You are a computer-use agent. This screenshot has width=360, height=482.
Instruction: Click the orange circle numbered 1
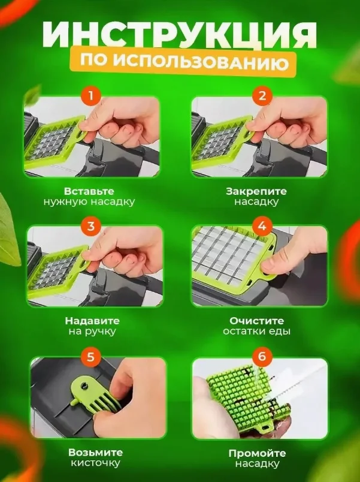tap(90, 95)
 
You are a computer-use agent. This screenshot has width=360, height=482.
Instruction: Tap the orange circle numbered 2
tap(262, 95)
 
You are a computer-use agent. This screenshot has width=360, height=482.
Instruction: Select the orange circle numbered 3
tap(91, 227)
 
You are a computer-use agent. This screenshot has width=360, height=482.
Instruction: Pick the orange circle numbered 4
tap(262, 227)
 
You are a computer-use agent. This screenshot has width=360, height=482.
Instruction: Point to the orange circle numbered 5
tap(91, 357)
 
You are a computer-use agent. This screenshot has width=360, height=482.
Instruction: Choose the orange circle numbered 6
tap(262, 357)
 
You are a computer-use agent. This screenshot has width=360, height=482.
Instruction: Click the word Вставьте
tap(89, 191)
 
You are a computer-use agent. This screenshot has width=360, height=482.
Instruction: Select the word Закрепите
tap(256, 191)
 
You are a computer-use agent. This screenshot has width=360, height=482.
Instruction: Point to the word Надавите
tap(92, 321)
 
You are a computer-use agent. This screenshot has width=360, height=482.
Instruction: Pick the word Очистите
tap(256, 321)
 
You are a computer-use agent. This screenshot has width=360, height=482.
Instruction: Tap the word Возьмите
tap(95, 453)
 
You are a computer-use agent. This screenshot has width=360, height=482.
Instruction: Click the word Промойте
tap(257, 453)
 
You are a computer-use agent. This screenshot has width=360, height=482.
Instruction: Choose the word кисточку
tap(95, 463)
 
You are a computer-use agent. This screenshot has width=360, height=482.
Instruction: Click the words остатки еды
tap(257, 332)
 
